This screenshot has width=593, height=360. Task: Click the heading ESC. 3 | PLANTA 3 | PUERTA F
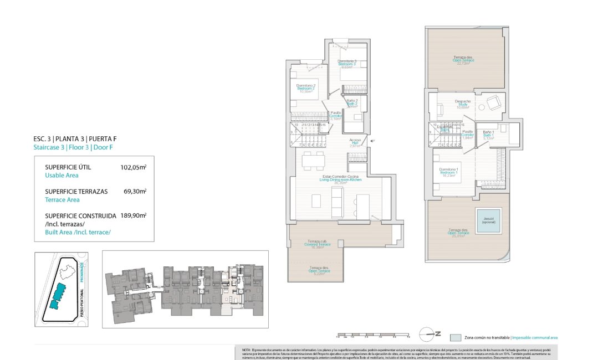(x=75, y=139)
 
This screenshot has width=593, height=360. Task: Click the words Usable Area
(x=62, y=175)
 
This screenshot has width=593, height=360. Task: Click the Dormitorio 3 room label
(x=347, y=63)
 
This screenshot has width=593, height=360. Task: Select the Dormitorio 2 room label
(x=306, y=87)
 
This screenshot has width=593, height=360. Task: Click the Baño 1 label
(x=488, y=133)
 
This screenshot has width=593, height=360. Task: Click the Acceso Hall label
(x=355, y=142)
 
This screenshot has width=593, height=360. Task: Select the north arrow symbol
(x=430, y=333)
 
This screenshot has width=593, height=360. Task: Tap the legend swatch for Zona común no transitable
(x=455, y=337)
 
